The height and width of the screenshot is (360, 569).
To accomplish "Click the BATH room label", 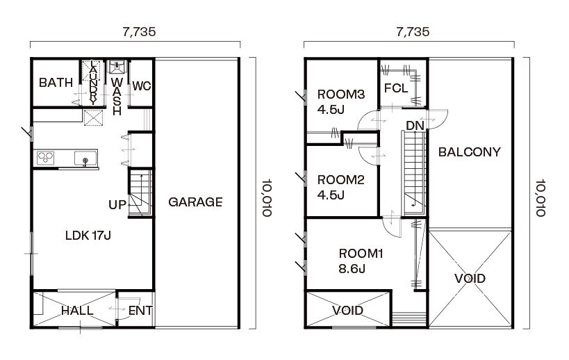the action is click(56, 83).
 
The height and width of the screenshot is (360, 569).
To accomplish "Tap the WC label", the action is click(142, 86).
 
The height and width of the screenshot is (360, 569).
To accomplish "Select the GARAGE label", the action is click(195, 202).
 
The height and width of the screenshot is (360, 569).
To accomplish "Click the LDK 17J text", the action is click(88, 236).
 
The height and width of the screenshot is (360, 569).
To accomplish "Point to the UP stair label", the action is click(117, 205).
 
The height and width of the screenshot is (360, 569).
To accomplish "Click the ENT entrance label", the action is click(140, 311).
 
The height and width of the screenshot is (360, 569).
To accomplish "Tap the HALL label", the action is click(77, 311).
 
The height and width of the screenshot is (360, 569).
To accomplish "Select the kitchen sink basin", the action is click(85, 158).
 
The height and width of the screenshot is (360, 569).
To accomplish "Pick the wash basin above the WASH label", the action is click(117, 67).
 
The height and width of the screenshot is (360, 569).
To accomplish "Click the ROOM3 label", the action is click(340, 95).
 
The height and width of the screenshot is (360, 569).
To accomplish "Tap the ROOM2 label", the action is click(340, 179).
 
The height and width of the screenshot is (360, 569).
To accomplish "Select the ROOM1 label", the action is click(361, 253).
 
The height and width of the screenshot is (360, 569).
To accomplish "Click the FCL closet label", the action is click(396, 88).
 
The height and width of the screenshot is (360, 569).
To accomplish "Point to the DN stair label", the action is click(415, 126).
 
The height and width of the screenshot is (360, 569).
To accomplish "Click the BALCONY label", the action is click(470, 152).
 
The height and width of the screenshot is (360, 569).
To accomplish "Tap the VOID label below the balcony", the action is click(470, 279).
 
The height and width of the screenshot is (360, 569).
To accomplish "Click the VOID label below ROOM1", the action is click(347, 310).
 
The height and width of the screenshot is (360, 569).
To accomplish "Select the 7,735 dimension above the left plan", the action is click(140, 32).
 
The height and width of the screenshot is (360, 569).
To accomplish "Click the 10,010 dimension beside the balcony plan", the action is click(541, 198).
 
